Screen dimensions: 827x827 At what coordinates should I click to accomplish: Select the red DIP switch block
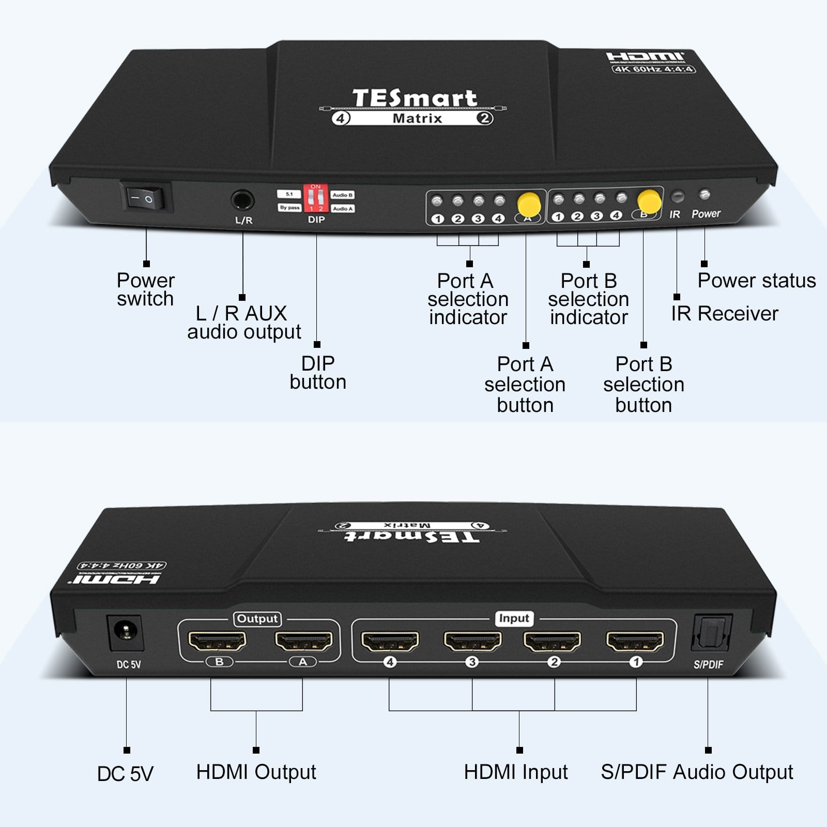point(316,198)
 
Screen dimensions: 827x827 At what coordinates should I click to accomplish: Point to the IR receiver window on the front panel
point(677,196)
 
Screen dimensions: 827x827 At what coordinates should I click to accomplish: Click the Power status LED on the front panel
point(704,195)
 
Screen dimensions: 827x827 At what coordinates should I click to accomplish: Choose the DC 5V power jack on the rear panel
point(125,632)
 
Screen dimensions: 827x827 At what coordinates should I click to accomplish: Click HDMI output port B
point(217,641)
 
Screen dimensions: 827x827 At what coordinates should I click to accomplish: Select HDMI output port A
point(303,641)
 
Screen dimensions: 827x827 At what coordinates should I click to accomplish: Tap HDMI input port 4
point(390,641)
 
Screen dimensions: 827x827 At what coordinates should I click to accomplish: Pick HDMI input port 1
point(635,641)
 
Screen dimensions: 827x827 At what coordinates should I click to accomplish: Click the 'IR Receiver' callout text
point(725,313)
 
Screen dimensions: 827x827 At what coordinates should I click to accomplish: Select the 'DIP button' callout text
point(318,373)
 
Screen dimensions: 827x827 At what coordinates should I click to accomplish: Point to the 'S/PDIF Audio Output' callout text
point(697,772)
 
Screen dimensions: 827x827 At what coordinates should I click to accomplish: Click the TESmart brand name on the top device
point(415,98)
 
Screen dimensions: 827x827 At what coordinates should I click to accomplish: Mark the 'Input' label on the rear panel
point(514,618)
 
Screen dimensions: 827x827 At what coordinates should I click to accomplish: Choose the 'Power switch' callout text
point(146,289)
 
